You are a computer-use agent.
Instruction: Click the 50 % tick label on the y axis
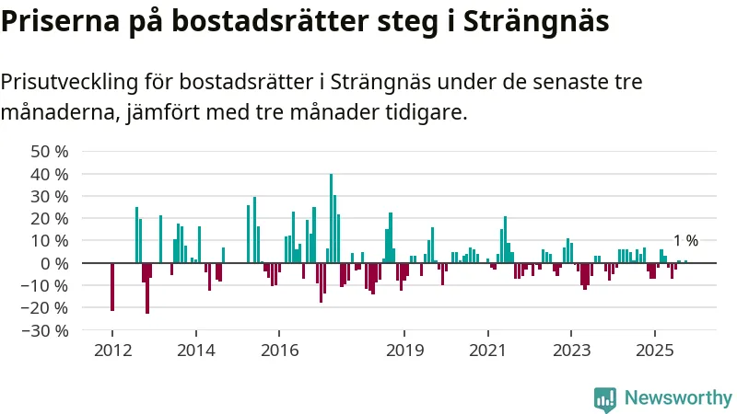click(x=50, y=151)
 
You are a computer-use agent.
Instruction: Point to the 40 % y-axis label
click(x=50, y=174)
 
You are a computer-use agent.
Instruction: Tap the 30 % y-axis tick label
click(x=50, y=196)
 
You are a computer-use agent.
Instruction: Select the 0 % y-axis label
click(x=54, y=263)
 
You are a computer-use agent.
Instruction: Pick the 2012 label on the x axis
click(x=111, y=350)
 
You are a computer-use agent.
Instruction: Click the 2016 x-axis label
click(x=279, y=350)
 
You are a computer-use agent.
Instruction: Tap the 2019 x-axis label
click(x=404, y=350)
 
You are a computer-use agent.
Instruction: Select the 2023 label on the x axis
click(x=571, y=350)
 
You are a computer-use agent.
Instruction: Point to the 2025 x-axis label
click(x=654, y=350)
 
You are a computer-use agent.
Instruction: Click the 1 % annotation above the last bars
click(x=685, y=241)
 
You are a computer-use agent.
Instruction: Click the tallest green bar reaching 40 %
click(x=331, y=218)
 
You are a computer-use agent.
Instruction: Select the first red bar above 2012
click(x=112, y=287)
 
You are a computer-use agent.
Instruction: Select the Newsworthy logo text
click(x=678, y=397)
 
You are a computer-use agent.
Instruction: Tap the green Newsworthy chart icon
click(x=605, y=397)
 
